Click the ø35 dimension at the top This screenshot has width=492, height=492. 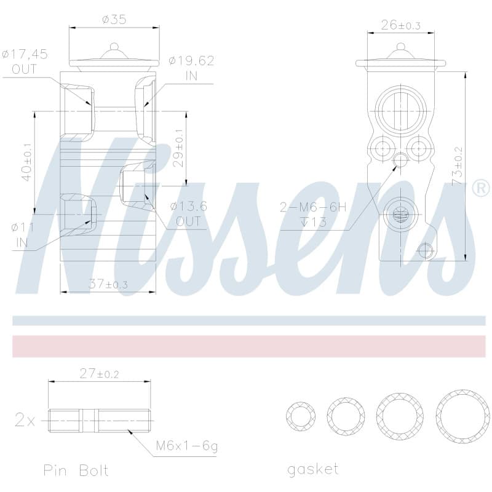pyautogui.click(x=114, y=20)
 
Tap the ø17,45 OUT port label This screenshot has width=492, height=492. pyautogui.click(x=25, y=61)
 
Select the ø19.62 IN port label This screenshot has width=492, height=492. pyautogui.click(x=191, y=68)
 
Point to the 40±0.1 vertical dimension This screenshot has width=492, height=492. pyautogui.click(x=27, y=162)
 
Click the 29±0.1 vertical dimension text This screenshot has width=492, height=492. pyautogui.click(x=178, y=148)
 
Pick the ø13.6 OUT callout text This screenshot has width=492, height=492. pyautogui.click(x=189, y=213)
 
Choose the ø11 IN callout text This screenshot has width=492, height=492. pyautogui.click(x=23, y=235)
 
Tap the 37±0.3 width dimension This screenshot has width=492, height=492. pyautogui.click(x=108, y=284)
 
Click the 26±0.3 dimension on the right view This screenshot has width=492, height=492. pyautogui.click(x=401, y=25)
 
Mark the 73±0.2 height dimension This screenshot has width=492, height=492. pyautogui.click(x=458, y=166)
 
